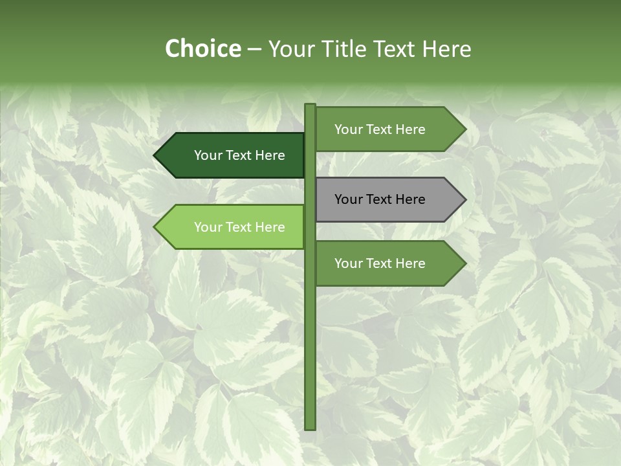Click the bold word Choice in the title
[x=202, y=49]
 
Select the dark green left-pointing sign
[x=233, y=155]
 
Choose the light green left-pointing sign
[x=233, y=227]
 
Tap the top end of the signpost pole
[x=310, y=105]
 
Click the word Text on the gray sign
[x=380, y=199]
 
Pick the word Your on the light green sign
[x=208, y=227]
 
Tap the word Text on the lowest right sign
[x=380, y=263]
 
